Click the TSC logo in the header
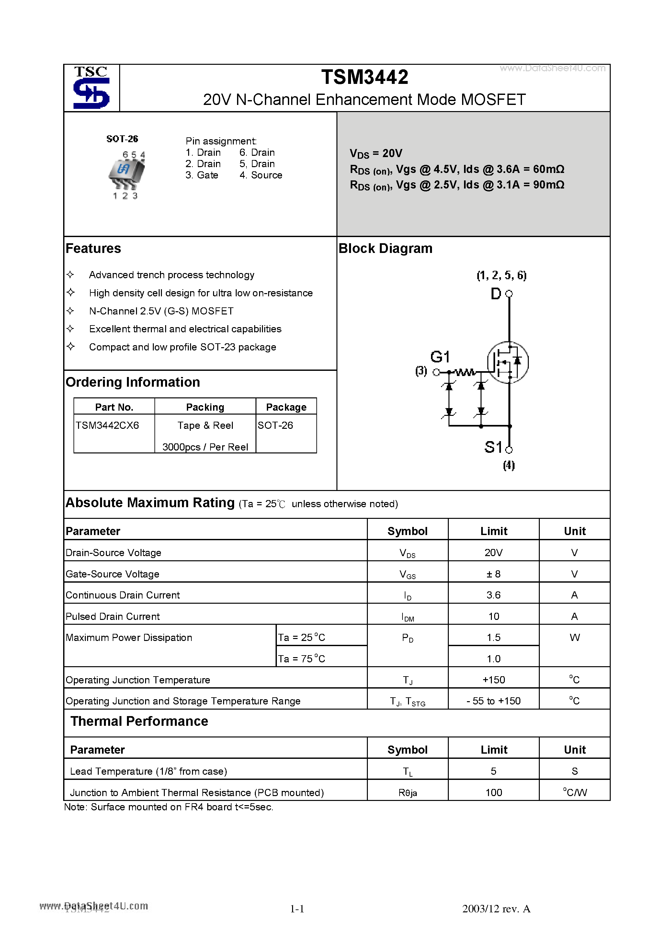tap(91, 88)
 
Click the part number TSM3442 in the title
tap(365, 77)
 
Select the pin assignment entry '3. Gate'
tap(202, 175)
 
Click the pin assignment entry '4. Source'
tap(261, 175)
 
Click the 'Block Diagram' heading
tap(385, 249)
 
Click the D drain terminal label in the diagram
tap(496, 294)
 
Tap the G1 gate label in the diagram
tap(440, 357)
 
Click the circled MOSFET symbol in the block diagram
tap(507, 362)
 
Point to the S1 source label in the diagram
tap(493, 447)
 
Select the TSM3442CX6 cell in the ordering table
tap(107, 425)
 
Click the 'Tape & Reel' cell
tap(205, 425)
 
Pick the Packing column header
tap(205, 407)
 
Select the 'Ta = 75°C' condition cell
tap(301, 659)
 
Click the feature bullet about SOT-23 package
tap(182, 347)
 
